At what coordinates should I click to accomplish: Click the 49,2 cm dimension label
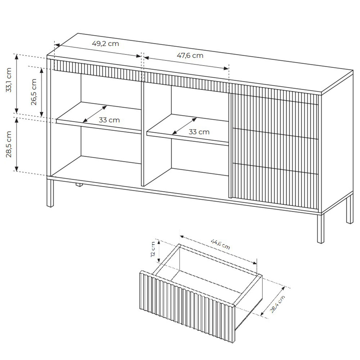click(105, 44)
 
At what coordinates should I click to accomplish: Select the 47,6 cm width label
click(190, 55)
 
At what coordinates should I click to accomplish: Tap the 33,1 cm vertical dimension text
click(9, 80)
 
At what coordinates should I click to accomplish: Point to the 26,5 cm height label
click(34, 92)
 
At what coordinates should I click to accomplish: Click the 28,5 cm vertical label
click(9, 144)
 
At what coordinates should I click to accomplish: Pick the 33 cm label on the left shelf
click(109, 120)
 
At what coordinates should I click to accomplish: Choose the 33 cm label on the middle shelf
click(199, 132)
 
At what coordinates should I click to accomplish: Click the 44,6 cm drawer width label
click(220, 244)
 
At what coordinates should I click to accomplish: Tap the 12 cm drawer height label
click(153, 249)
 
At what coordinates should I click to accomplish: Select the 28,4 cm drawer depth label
click(278, 304)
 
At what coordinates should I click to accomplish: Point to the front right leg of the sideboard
click(320, 229)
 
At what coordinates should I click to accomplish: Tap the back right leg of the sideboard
click(350, 208)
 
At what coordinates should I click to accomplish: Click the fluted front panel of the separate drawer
click(187, 306)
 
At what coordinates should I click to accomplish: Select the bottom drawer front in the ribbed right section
click(275, 187)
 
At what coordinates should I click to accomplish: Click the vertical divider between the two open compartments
click(142, 133)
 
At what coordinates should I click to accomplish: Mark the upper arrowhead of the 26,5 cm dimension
click(41, 70)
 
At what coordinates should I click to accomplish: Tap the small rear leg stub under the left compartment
click(79, 185)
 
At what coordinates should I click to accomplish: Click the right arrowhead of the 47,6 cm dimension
click(226, 68)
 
